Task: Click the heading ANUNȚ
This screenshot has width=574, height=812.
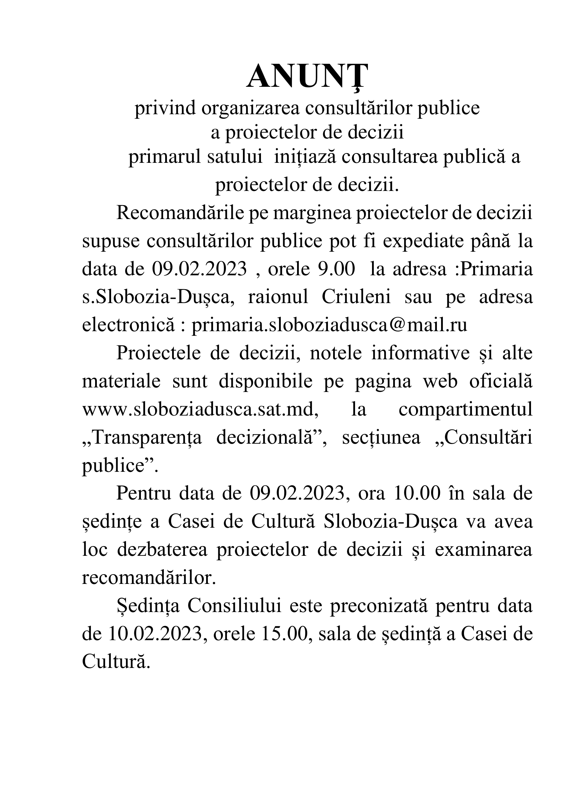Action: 307,77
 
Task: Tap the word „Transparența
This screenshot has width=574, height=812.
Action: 142,437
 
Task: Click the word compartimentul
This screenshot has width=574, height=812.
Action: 465,410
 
